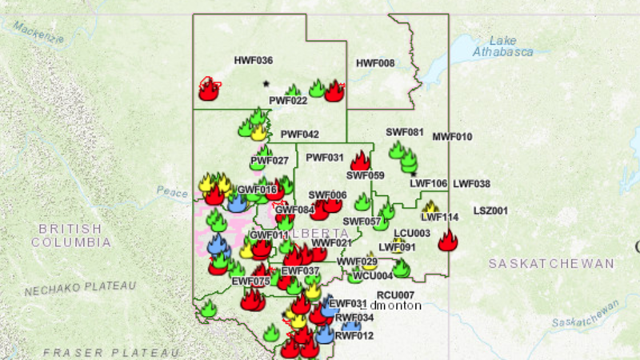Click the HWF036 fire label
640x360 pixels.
[x=253, y=61]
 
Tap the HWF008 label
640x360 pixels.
[x=374, y=63]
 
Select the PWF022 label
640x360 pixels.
[x=288, y=101]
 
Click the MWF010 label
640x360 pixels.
[x=453, y=137]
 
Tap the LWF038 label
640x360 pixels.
[x=471, y=184]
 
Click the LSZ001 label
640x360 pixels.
[x=490, y=211]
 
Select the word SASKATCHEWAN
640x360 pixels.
[x=552, y=263]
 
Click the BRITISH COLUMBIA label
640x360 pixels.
[x=70, y=235]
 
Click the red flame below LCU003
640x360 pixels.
[x=448, y=240]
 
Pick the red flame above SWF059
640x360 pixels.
[x=360, y=160]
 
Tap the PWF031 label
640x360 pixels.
[x=324, y=158]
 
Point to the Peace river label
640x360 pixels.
[x=172, y=192]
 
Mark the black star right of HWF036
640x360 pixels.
[x=266, y=82]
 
